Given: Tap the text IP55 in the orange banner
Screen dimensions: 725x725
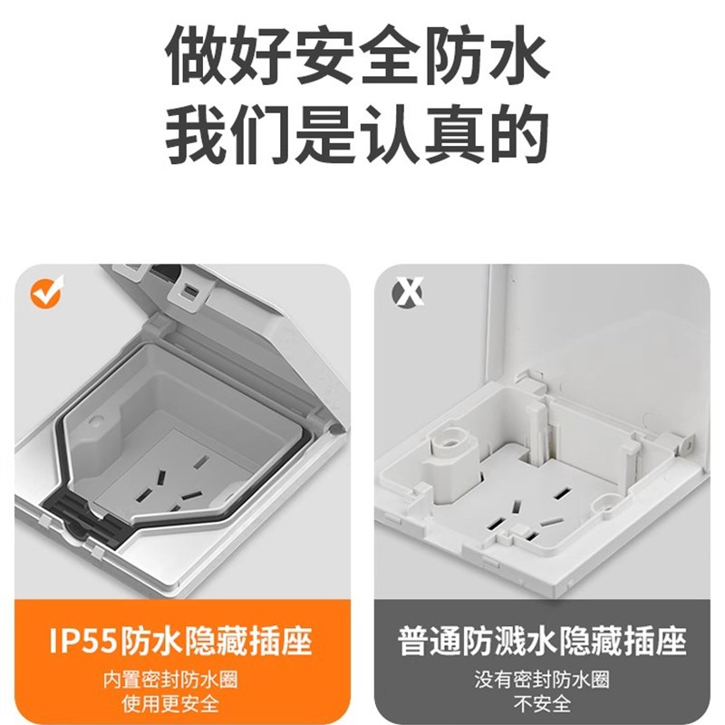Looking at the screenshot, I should coord(82,641).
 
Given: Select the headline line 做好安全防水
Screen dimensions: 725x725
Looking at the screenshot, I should coord(358,56).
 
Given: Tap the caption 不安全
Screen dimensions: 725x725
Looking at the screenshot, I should coord(541,703).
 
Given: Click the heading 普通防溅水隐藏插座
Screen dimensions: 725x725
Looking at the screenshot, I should coord(541,641).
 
